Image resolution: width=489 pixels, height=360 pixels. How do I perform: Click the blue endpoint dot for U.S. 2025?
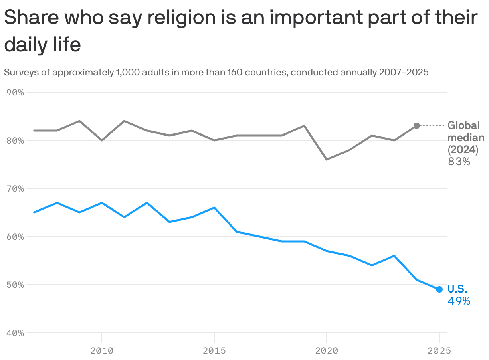pos(439,289)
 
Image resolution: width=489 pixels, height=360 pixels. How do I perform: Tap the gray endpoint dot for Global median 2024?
pos(417,126)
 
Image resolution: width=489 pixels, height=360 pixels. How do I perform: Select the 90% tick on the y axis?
pos(16,93)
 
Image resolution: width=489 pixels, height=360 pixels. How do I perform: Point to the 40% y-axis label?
pos(16,333)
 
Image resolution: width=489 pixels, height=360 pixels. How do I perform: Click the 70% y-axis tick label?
pos(16,189)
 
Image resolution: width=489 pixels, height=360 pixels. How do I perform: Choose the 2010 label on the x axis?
pos(102,351)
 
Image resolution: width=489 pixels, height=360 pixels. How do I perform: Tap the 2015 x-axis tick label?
pos(214,351)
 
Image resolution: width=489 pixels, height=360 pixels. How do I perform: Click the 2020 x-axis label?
pos(327,351)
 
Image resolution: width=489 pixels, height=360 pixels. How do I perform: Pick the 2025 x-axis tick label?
pos(439,351)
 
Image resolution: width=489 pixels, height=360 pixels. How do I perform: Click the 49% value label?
pos(459,301)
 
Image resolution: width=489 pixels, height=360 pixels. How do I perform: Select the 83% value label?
pos(459,162)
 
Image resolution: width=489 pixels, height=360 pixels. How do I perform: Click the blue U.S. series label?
pos(457,289)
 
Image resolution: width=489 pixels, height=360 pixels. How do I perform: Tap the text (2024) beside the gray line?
pos(463,150)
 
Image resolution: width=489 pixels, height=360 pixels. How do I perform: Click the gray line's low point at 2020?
pos(327,160)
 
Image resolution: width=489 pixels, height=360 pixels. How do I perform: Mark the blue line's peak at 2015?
pos(214,208)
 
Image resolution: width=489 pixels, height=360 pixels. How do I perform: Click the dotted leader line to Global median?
pos(432,126)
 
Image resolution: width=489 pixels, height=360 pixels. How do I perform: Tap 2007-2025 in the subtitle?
pos(404,73)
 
